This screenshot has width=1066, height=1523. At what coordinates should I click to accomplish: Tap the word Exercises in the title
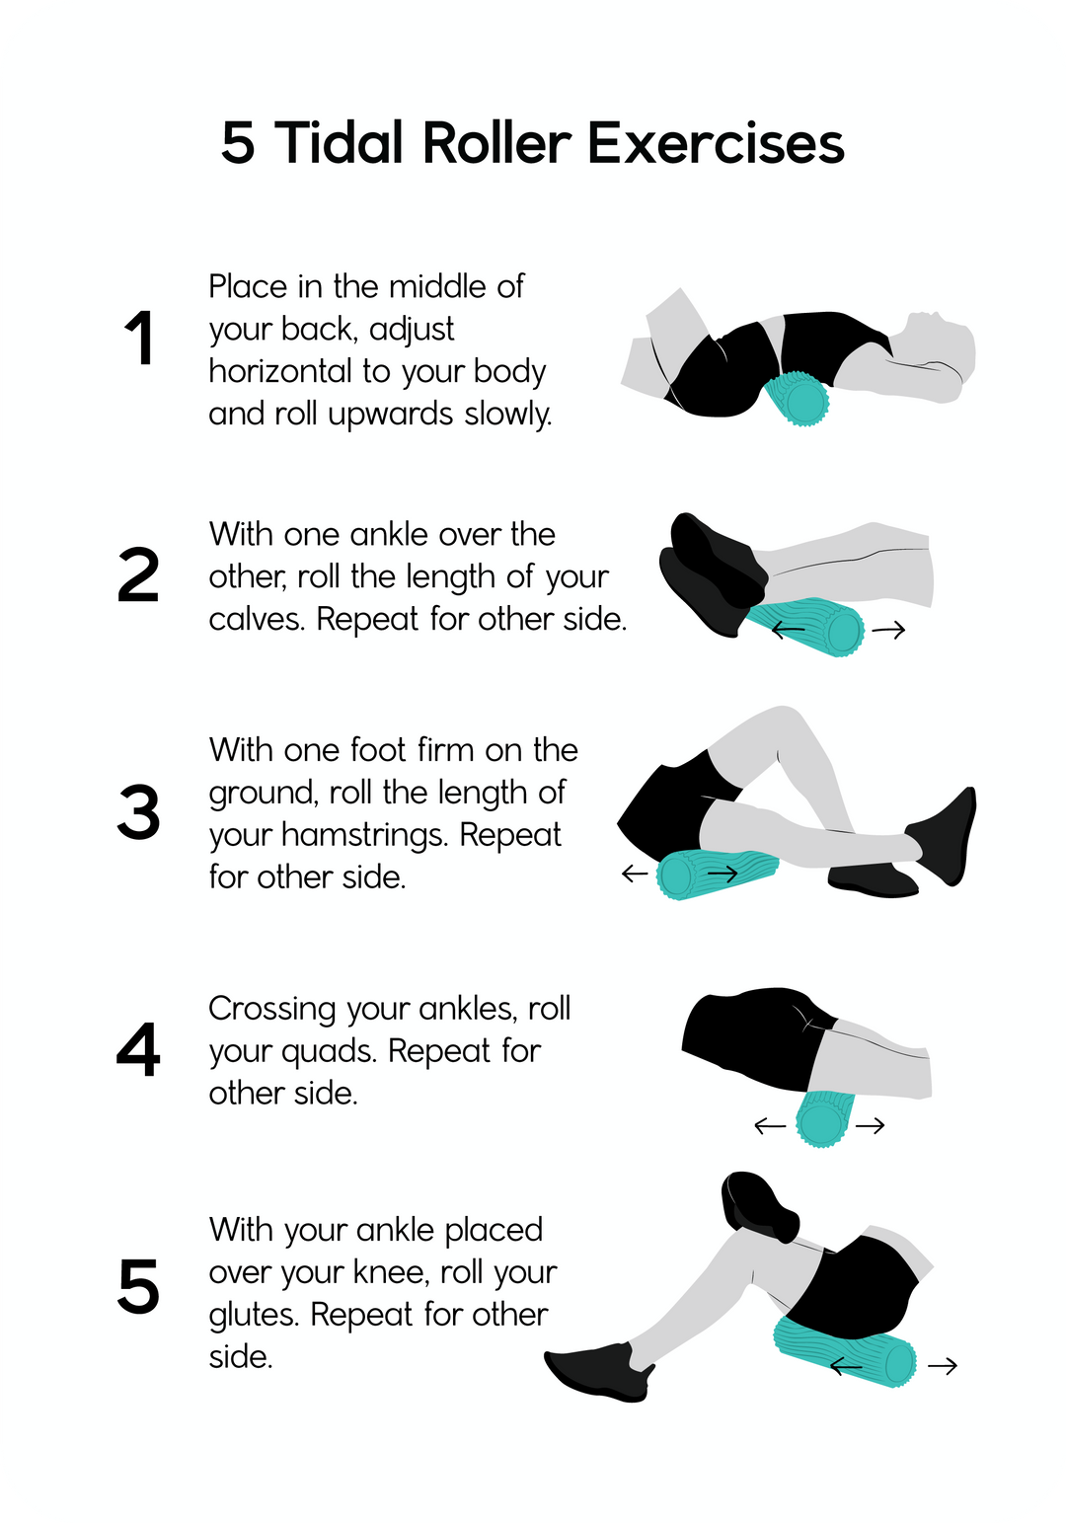716,143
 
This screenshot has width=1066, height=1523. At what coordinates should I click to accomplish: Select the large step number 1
141,339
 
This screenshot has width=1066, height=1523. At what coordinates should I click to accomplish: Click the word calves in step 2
257,620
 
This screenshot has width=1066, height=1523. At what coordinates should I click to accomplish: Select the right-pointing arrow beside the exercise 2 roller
888,631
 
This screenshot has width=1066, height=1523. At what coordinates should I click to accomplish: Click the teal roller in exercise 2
805,628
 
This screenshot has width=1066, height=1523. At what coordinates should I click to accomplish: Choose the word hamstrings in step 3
364,836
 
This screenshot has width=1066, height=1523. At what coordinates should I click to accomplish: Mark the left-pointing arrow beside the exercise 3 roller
635,873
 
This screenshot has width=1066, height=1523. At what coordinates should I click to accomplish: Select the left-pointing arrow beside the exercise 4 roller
770,1126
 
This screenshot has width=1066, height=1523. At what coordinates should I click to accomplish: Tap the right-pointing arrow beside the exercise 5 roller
943,1365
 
